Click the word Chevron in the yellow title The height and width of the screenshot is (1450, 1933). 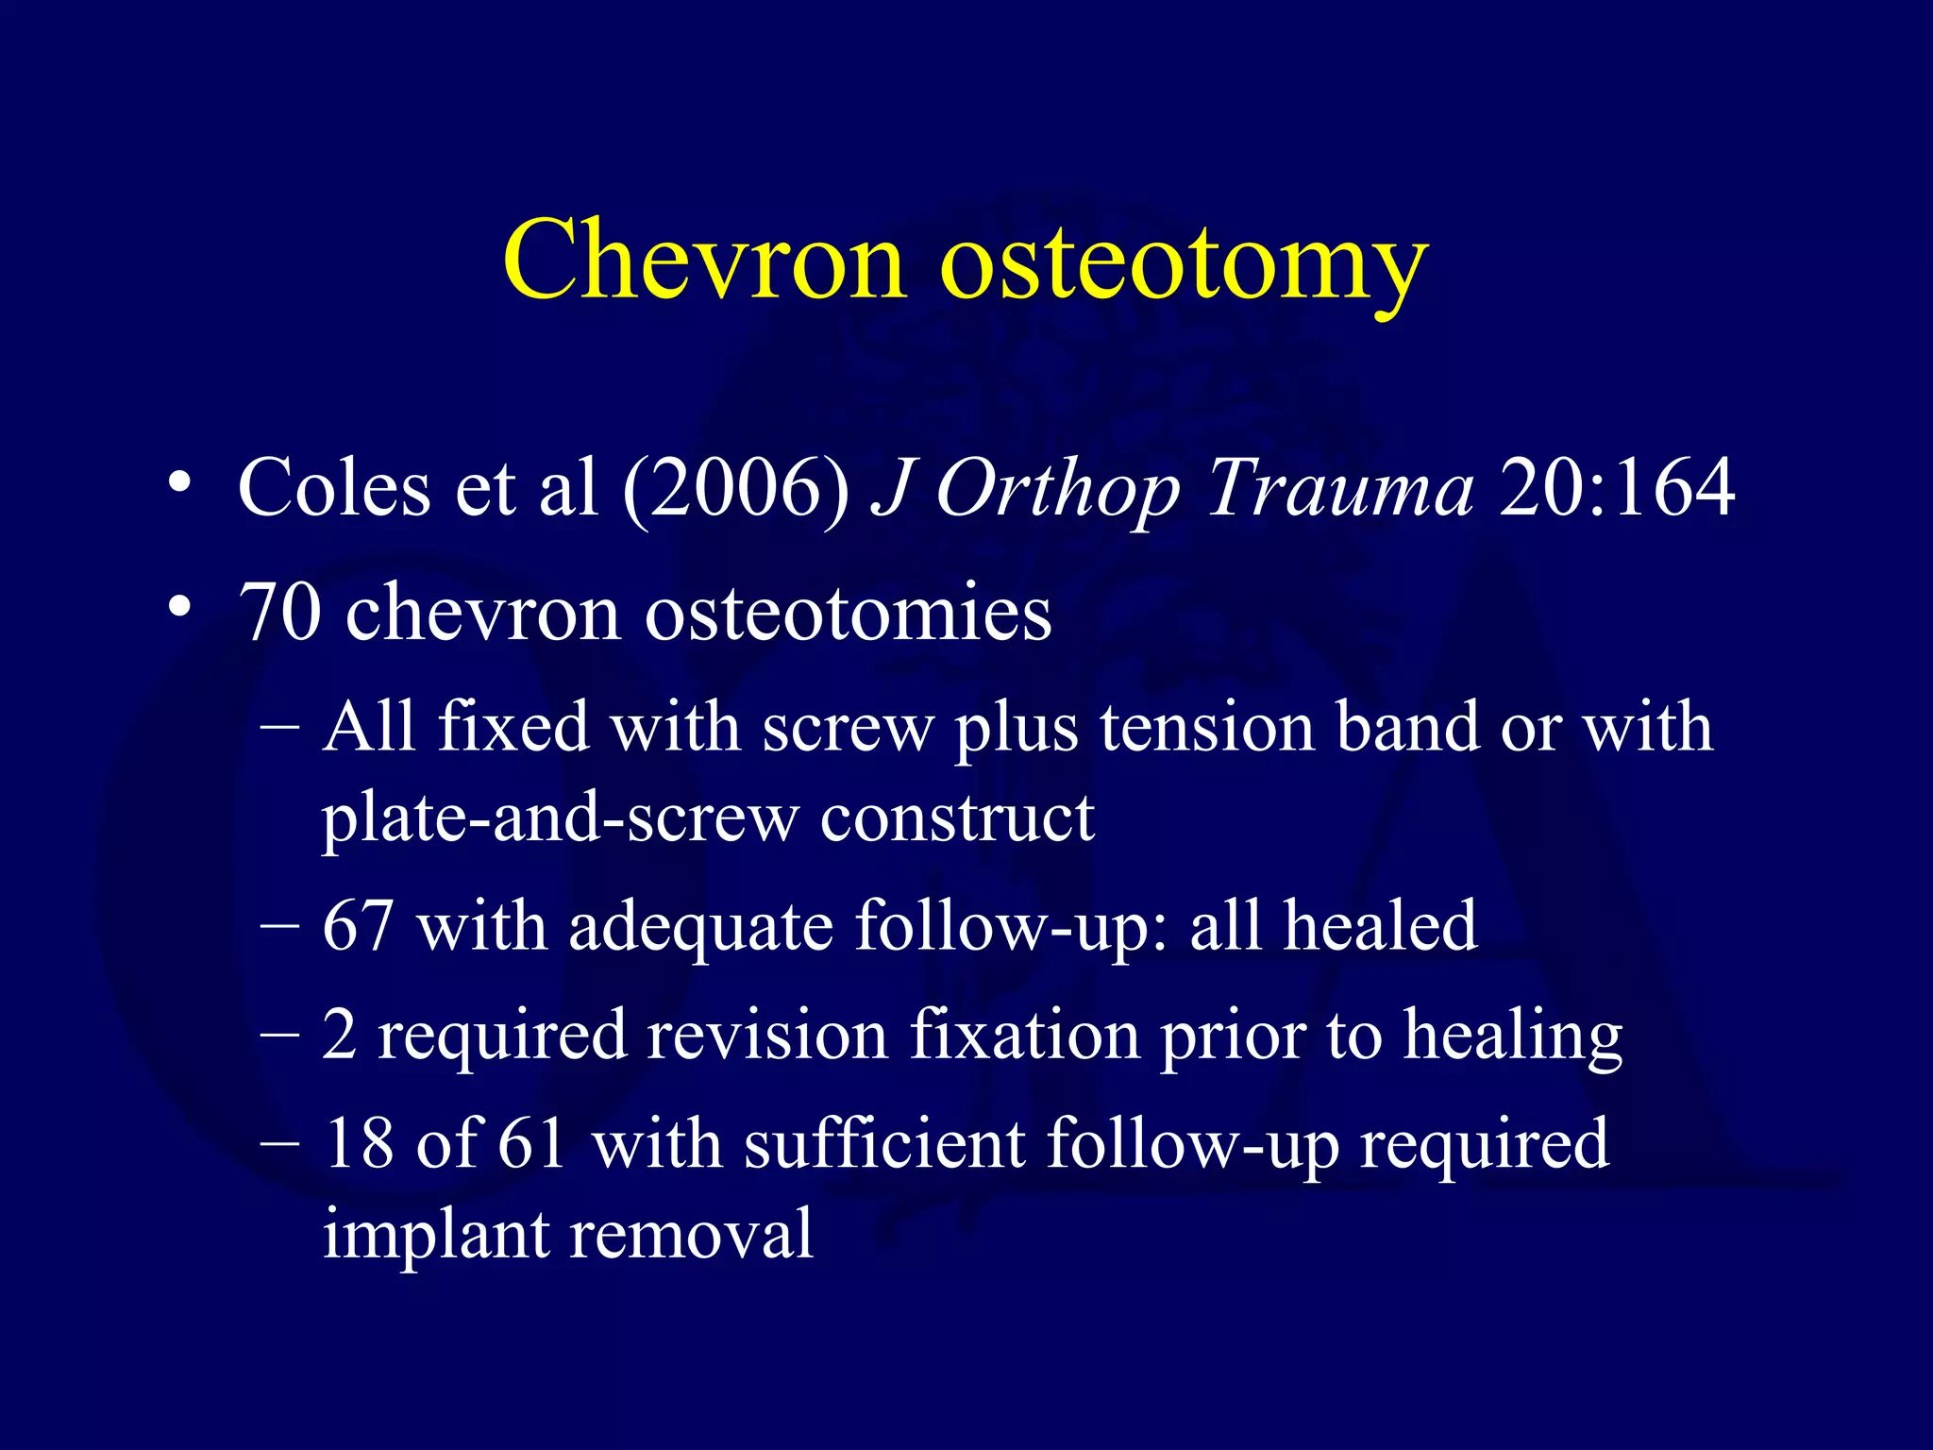pos(703,260)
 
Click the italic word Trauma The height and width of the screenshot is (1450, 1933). pos(1339,489)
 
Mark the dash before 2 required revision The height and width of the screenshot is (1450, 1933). pos(280,1036)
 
